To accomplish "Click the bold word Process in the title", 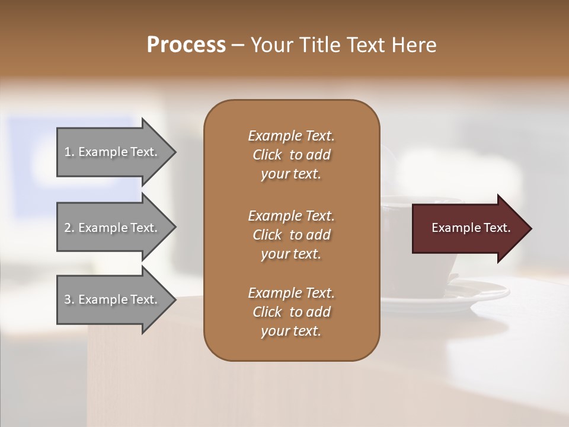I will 186,45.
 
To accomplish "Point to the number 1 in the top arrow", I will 68,152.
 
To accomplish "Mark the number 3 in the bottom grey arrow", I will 68,300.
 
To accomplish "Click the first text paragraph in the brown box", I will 291,155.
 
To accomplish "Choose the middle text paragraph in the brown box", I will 291,235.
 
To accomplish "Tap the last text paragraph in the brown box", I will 291,312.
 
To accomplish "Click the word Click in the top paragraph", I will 267,155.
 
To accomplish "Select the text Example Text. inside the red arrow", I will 471,228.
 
